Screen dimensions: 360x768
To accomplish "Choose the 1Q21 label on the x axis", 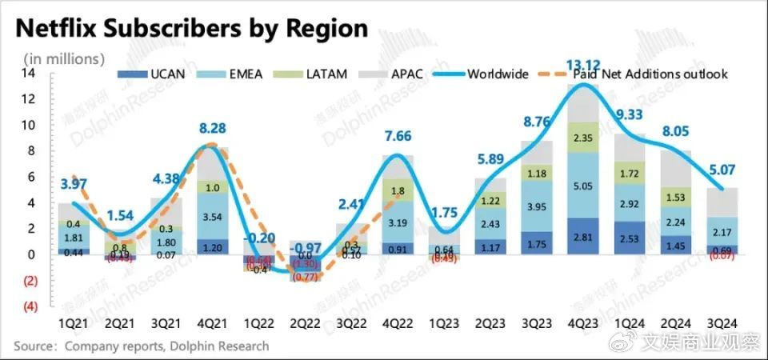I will pos(74,323).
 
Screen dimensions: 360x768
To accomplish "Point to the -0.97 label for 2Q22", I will pos(303,248).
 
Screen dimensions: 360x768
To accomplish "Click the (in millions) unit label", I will pos(64,58).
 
